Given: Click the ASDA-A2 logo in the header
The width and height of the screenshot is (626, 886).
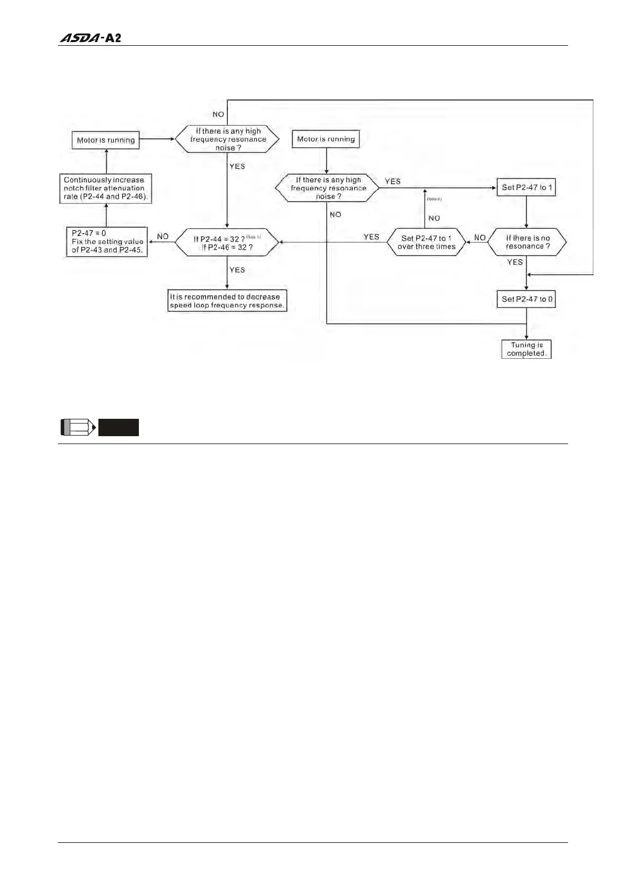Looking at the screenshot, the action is click(90, 38).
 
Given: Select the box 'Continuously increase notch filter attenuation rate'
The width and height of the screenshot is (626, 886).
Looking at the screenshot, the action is click(105, 188).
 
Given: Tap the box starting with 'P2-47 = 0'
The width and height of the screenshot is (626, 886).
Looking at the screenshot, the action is click(107, 241).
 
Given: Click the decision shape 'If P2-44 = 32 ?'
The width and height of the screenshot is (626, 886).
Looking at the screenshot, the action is click(227, 243).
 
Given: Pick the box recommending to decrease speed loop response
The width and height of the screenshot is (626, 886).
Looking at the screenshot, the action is click(227, 301).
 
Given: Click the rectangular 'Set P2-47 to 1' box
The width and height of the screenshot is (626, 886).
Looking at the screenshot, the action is click(526, 187).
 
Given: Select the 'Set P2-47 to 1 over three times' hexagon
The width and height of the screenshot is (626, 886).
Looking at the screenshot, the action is click(426, 242).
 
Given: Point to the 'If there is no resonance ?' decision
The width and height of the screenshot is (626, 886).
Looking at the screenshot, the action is click(527, 242).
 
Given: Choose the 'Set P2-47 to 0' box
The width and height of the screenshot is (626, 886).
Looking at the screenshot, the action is click(527, 299).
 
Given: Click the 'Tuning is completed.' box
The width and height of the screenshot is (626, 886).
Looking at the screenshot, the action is click(526, 349).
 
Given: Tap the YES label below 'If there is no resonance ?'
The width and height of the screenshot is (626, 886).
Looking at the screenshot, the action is click(515, 262).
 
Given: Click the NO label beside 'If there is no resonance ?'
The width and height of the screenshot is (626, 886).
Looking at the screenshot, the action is click(480, 238).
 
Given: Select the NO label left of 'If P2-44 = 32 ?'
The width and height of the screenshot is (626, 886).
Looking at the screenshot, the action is click(163, 237).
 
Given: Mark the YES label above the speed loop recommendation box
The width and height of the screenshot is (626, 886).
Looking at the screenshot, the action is click(237, 270).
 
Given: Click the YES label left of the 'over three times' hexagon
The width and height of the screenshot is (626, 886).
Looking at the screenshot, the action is click(371, 237).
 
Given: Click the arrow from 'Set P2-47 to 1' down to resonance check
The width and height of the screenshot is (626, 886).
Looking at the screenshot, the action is click(527, 212).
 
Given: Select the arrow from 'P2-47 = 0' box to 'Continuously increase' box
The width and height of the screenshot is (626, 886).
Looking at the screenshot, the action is click(106, 216).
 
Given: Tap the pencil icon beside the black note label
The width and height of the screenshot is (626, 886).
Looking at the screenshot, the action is click(78, 427).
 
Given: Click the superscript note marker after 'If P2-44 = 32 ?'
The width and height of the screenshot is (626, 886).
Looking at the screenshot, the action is click(253, 237).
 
